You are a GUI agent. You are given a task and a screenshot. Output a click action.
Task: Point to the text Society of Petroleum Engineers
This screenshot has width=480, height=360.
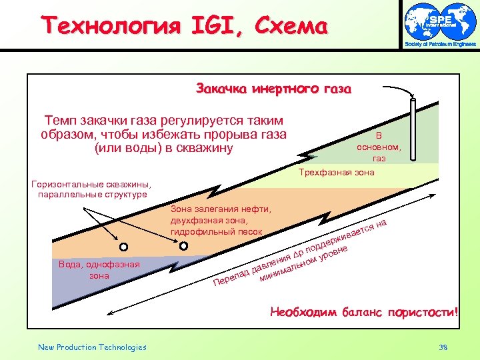[439, 45]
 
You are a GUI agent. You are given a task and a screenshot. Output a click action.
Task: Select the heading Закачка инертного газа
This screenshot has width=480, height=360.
[273, 89]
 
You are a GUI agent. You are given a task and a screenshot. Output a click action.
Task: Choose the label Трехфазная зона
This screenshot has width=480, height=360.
[337, 172]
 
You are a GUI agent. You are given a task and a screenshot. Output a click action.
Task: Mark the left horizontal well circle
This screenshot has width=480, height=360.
[123, 245]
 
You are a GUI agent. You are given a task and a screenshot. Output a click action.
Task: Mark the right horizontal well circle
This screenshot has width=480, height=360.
[184, 245]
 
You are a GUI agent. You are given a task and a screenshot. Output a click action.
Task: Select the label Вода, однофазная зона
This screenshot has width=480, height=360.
[99, 269]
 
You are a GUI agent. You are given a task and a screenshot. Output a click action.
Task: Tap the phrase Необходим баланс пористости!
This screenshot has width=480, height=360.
[364, 311]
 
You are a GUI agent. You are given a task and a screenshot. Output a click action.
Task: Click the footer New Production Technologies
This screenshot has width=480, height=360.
[92, 347]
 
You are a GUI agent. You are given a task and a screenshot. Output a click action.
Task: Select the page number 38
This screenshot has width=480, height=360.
[444, 347]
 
